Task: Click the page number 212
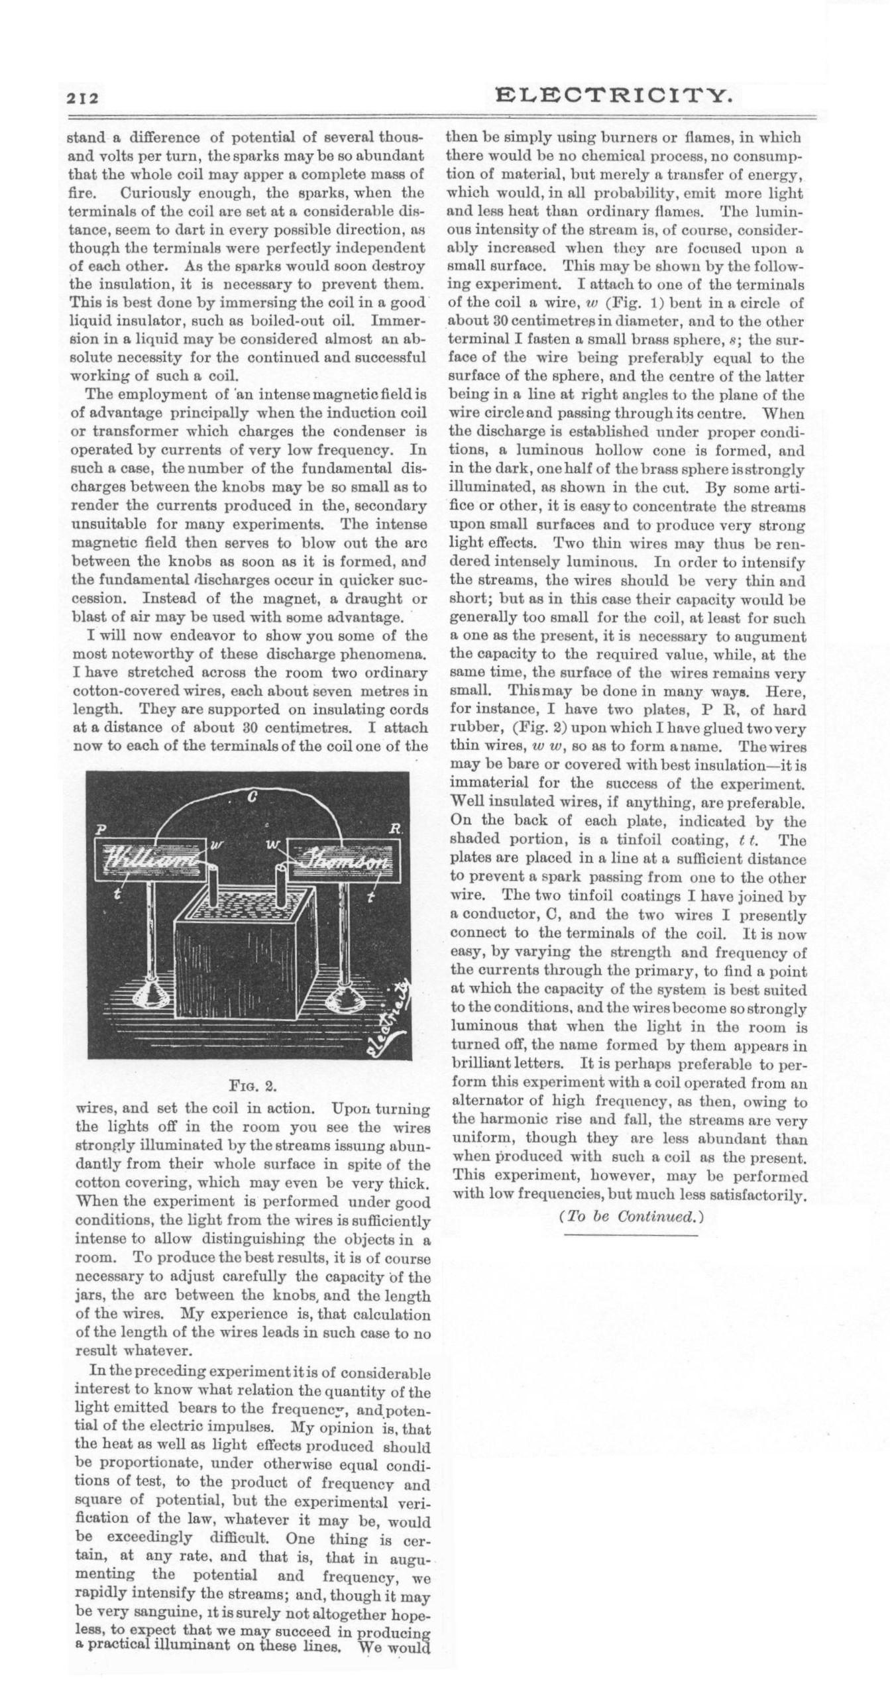tap(82, 99)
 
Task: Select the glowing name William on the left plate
tap(151, 862)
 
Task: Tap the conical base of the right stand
tap(345, 993)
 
